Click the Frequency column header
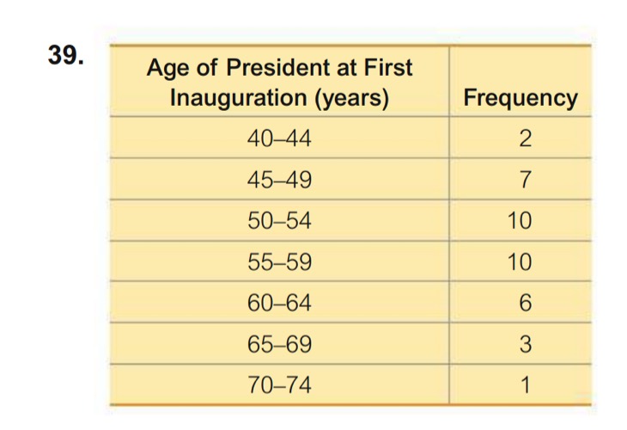click(520, 98)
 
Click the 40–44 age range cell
click(280, 139)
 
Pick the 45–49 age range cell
click(280, 180)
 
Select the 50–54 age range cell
click(280, 221)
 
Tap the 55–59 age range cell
click(280, 262)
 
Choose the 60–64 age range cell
click(280, 304)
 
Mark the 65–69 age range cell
click(280, 345)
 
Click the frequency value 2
click(520, 139)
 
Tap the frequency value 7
click(520, 180)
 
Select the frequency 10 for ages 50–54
click(520, 221)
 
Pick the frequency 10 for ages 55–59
click(520, 262)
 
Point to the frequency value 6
click(520, 304)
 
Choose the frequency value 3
click(520, 345)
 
